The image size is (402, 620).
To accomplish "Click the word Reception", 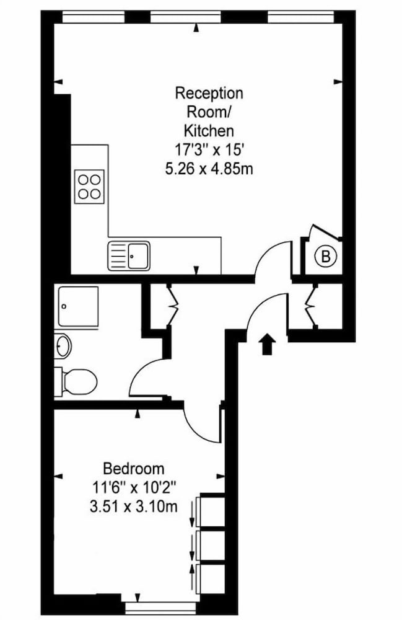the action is tap(209, 94).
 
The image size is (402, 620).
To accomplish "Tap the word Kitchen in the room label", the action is tap(209, 130).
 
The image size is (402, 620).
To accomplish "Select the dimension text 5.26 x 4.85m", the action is tap(209, 169).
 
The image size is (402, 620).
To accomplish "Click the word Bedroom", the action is tap(133, 469).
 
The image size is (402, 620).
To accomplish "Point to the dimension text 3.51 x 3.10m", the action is tap(133, 506).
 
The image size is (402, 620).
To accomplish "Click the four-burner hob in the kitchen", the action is tap(89, 187).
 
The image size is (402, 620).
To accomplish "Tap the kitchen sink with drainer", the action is tap(129, 256).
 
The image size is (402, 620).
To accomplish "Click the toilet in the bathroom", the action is tap(76, 381).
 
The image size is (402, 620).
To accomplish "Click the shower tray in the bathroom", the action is tap(78, 307).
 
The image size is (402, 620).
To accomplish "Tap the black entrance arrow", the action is tap(268, 343).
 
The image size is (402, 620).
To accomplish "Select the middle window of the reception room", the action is tap(186, 17).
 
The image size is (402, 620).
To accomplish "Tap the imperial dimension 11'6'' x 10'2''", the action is tap(133, 487).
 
